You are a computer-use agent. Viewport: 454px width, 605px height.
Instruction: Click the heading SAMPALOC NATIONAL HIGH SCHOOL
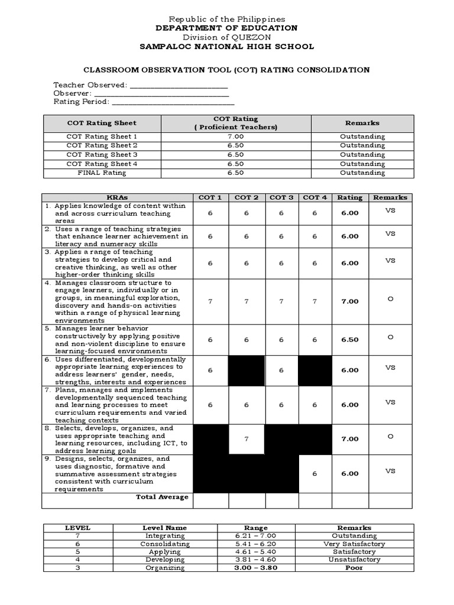click(x=226, y=47)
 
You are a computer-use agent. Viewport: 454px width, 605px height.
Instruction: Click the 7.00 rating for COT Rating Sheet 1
click(x=236, y=136)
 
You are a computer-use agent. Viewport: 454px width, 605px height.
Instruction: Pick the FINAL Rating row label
click(x=102, y=173)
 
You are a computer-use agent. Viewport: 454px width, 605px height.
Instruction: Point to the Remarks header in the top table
click(x=362, y=123)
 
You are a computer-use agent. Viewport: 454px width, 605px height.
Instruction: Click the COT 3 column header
click(x=281, y=197)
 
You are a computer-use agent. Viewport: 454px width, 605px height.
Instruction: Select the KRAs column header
click(x=117, y=197)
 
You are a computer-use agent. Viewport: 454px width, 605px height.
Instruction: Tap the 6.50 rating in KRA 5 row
click(x=349, y=340)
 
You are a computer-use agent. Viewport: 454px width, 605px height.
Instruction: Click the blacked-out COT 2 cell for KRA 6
click(x=247, y=370)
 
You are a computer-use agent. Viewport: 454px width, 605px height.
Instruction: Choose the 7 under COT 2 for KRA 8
click(x=247, y=439)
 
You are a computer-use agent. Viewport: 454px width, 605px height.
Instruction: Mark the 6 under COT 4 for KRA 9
click(x=314, y=473)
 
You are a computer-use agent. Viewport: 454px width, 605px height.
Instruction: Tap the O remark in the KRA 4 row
click(x=390, y=299)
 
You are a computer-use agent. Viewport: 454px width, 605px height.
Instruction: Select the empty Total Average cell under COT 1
click(x=210, y=500)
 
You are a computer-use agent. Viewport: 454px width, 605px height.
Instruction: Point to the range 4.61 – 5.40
click(x=255, y=552)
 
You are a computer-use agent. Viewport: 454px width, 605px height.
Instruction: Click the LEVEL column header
click(x=77, y=528)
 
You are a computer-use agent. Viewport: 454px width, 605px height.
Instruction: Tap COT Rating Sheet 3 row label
click(x=102, y=155)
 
